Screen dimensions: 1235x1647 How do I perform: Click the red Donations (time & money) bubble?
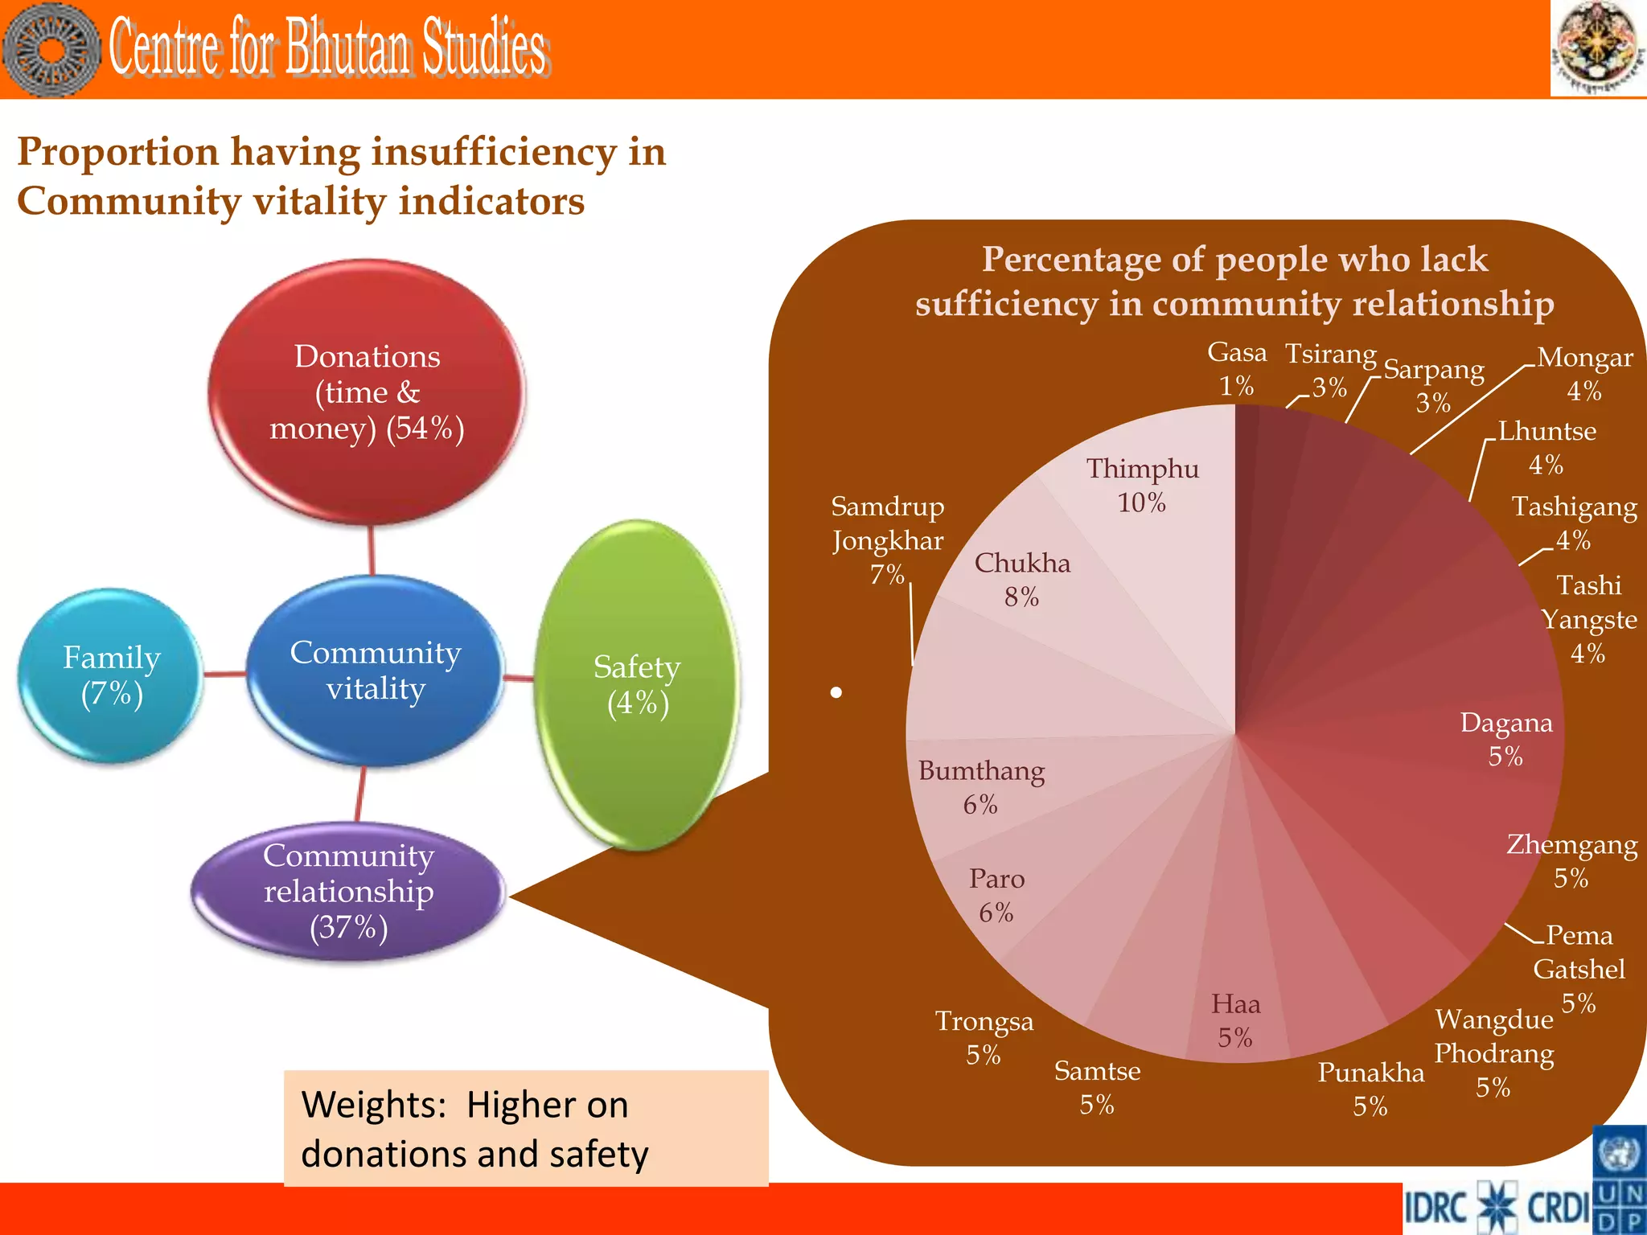[x=368, y=392]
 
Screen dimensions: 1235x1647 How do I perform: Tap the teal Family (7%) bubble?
[x=111, y=675]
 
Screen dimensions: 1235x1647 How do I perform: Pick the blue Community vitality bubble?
[x=375, y=671]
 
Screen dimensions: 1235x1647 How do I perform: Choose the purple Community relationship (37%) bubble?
[x=348, y=891]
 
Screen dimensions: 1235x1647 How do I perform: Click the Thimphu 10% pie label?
[x=1142, y=485]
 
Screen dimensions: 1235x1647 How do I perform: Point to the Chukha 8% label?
[x=1022, y=580]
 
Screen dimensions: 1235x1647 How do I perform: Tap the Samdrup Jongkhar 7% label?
[x=888, y=540]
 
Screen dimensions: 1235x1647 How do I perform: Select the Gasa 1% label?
[x=1236, y=369]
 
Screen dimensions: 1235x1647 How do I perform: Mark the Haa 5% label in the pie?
[x=1235, y=1020]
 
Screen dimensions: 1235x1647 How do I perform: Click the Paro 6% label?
[x=996, y=895]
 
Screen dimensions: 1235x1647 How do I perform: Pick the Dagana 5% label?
[x=1505, y=739]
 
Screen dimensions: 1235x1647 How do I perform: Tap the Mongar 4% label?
[x=1584, y=374]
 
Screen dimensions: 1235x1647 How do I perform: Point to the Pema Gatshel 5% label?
[x=1579, y=968]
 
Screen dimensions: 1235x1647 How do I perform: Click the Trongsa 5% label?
[x=984, y=1037]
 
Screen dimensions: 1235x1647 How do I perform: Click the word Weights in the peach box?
[x=373, y=1105]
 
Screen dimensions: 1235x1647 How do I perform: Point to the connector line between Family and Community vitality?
[x=224, y=674]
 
